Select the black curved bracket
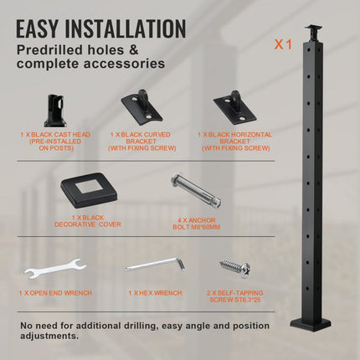tap(141, 105)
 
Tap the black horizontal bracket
tap(235, 106)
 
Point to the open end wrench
tap(55, 270)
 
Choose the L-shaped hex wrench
tap(155, 265)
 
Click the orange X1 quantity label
tap(283, 44)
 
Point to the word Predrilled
tap(50, 50)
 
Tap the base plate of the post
tap(311, 324)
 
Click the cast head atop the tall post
tap(312, 33)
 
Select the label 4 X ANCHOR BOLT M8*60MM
tap(197, 224)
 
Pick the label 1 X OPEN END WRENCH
tap(55, 293)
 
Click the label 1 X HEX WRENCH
tap(155, 293)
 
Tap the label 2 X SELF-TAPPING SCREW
tap(235, 296)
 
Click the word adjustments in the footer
tap(49, 336)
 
